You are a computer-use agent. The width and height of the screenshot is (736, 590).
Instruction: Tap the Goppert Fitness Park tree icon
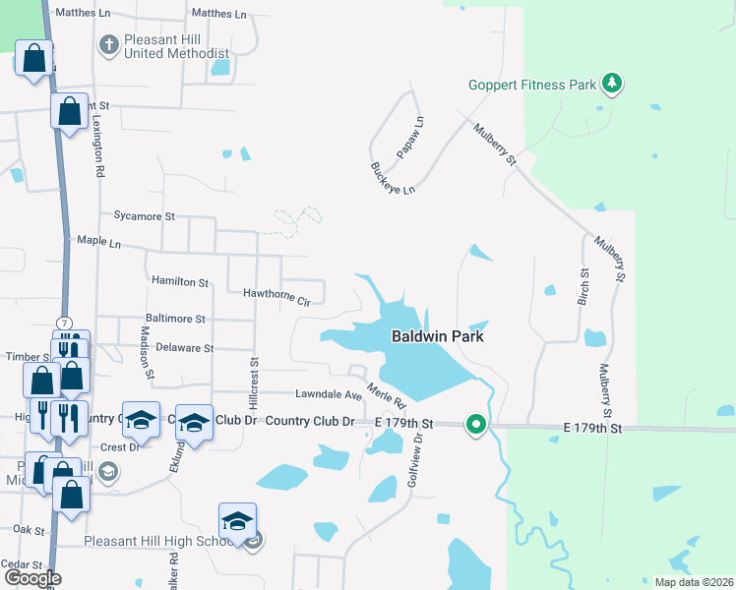point(613,84)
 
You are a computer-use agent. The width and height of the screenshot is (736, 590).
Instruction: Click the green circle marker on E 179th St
point(476,425)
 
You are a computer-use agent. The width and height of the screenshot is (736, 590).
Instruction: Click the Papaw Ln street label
point(410,137)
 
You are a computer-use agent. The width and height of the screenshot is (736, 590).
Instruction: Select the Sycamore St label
point(144,215)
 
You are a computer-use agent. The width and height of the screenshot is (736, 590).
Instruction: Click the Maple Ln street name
point(98,241)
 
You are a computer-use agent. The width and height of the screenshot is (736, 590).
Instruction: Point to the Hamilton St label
point(180,281)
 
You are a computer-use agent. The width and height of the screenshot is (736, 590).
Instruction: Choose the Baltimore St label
point(174,319)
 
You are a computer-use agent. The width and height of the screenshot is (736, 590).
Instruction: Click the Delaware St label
point(184,348)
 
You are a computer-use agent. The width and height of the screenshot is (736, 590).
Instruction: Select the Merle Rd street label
point(387,396)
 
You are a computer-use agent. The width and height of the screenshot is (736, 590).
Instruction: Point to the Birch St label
point(583,286)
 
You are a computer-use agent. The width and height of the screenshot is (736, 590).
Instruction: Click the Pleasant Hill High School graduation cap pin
point(237,520)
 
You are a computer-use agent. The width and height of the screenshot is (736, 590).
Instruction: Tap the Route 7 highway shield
point(65,324)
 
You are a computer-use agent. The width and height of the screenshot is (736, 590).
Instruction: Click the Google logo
point(32,578)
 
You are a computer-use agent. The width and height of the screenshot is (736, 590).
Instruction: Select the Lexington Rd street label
point(98,144)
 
